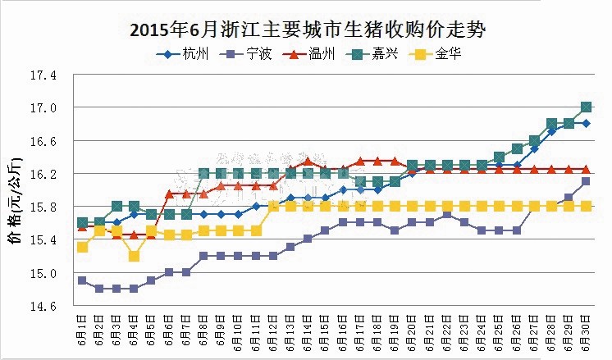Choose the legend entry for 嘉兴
[373, 55]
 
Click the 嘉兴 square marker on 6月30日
[587, 107]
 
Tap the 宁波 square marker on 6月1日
[82, 280]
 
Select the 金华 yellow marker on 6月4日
[134, 256]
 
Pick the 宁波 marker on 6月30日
[587, 181]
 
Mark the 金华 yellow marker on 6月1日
[82, 247]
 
